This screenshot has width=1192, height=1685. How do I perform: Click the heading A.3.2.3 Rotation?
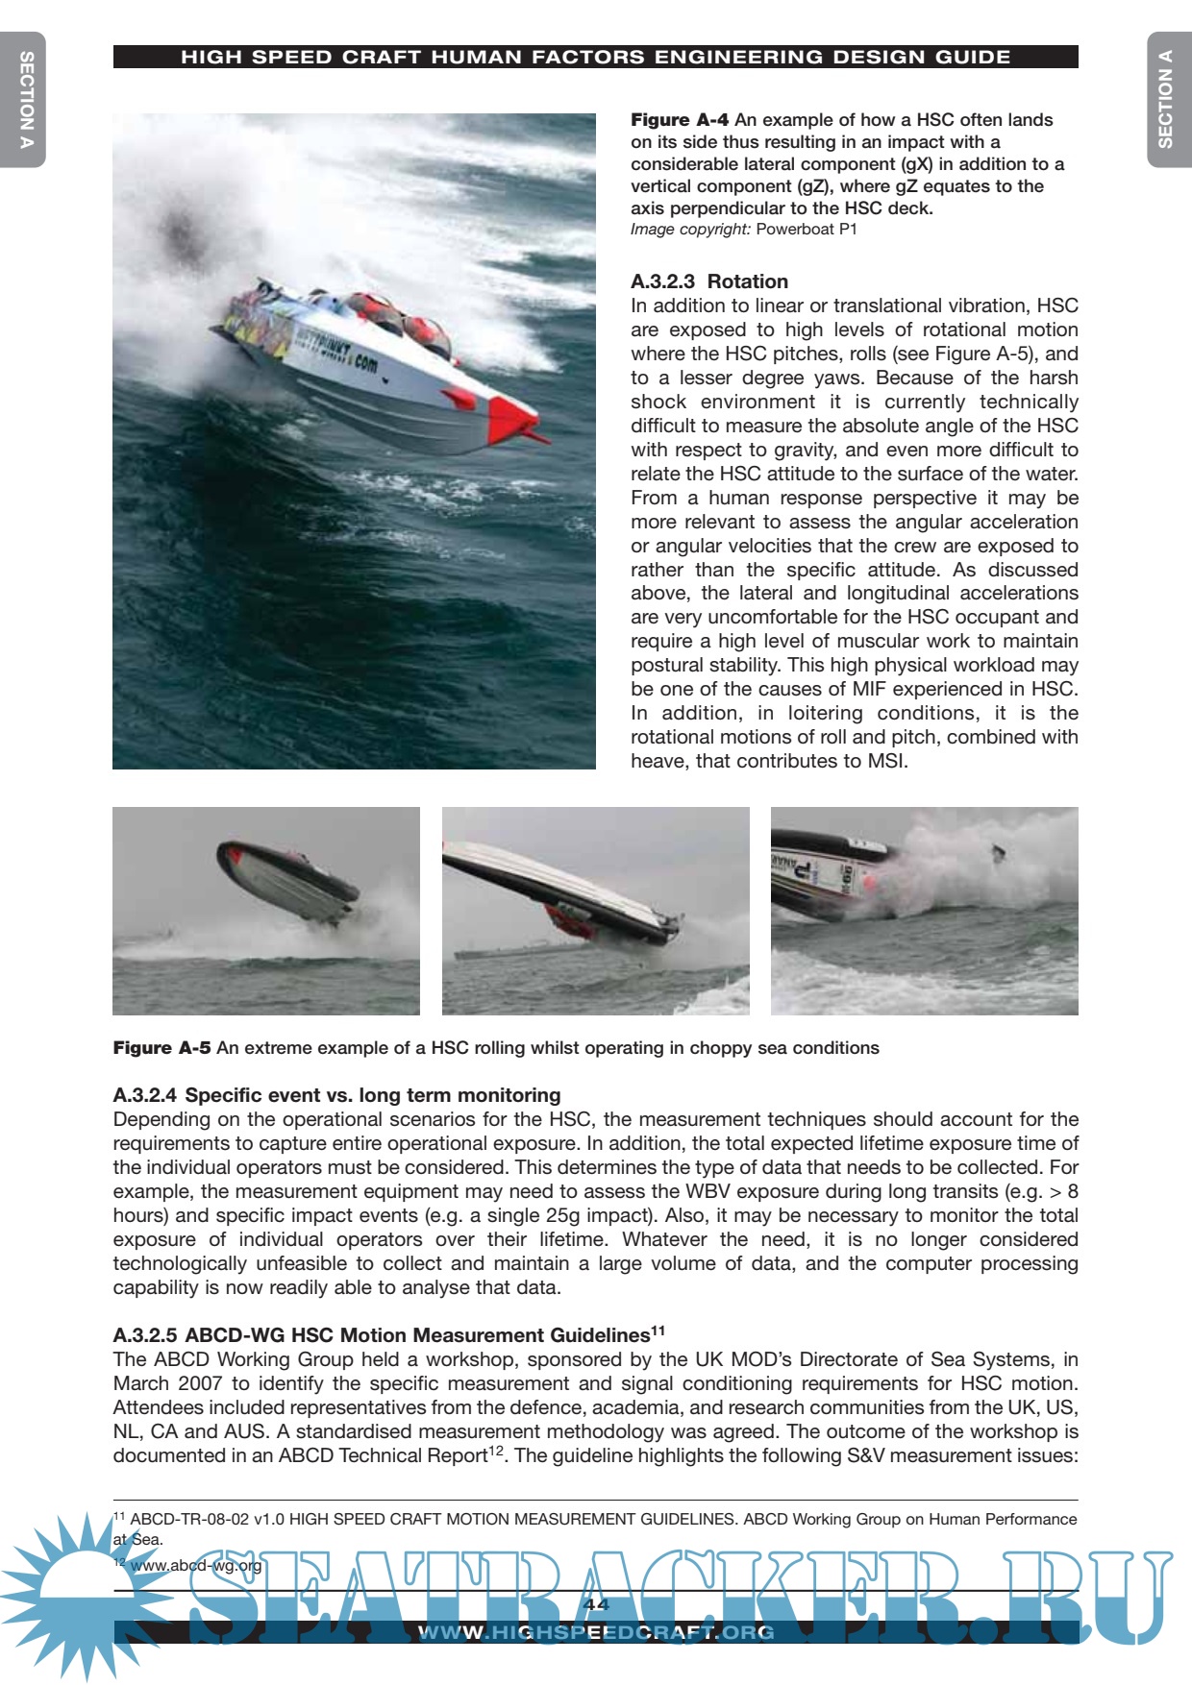pyautogui.click(x=708, y=281)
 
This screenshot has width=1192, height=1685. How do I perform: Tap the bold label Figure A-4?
pyautogui.click(x=679, y=120)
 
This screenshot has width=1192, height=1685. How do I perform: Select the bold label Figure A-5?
pyautogui.click(x=161, y=1047)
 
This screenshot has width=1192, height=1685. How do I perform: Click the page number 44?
pyautogui.click(x=596, y=1604)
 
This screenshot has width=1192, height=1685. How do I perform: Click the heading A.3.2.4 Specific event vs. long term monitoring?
pyautogui.click(x=336, y=1095)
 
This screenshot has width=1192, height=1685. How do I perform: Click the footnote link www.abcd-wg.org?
pyautogui.click(x=196, y=1565)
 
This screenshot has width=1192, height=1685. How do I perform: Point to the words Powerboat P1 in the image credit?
pyautogui.click(x=806, y=230)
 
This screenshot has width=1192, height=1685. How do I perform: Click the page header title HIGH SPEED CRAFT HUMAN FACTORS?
pyautogui.click(x=595, y=58)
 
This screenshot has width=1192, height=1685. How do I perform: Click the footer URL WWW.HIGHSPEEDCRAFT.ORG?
pyautogui.click(x=596, y=1632)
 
